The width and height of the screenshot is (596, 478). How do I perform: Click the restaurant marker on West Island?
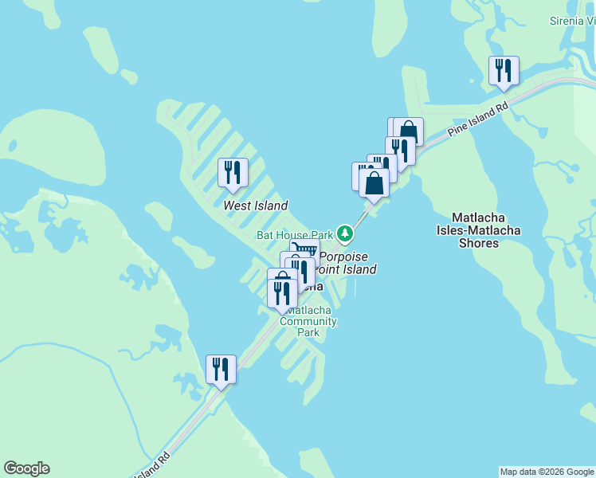click(233, 172)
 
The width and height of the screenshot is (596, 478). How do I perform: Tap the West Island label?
click(255, 206)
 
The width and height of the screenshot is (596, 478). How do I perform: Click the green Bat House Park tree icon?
click(345, 233)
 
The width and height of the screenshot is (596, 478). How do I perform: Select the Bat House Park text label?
click(294, 235)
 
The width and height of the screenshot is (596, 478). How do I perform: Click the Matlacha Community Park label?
click(308, 322)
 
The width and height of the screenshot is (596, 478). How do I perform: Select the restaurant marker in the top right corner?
click(504, 70)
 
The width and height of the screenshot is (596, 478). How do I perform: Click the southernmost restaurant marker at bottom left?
click(221, 369)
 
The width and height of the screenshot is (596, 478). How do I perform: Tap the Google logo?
click(26, 468)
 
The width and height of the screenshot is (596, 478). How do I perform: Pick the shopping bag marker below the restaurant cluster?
click(374, 182)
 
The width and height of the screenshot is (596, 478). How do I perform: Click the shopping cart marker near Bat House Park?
click(305, 250)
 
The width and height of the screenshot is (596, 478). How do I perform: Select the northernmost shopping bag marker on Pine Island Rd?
click(408, 131)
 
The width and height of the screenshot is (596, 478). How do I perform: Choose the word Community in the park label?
click(308, 322)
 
